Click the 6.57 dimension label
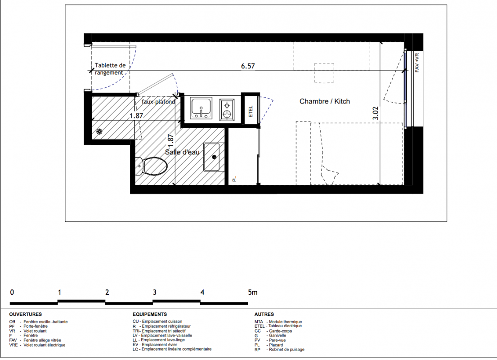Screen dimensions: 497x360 coord(248,66)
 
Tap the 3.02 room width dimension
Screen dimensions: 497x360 coord(376,113)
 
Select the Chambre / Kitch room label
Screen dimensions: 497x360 coord(325,101)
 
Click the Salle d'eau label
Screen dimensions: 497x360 coord(182,152)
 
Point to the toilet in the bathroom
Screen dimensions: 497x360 coord(152,166)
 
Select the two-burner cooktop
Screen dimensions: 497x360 coord(227,109)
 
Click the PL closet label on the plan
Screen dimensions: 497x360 coord(234,179)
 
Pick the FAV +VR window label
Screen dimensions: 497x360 coord(417,63)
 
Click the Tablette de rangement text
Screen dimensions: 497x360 coord(110,69)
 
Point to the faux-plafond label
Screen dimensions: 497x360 coord(158,102)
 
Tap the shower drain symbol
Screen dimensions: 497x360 coord(99,132)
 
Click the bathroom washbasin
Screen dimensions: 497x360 coord(211,157)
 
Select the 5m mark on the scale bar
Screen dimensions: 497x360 coord(253,292)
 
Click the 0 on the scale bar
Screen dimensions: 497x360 coord(12,292)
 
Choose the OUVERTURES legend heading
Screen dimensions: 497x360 coord(25,315)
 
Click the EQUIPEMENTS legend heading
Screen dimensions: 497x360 coord(150,315)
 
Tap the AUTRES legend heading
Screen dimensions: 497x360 coord(264,315)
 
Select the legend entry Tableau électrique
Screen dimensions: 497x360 coord(285,326)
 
